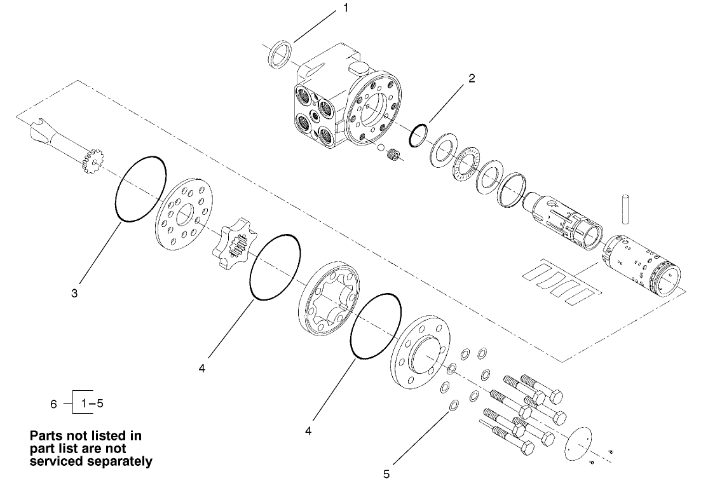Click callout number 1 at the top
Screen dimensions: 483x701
(346, 8)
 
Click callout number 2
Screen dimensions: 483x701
(471, 79)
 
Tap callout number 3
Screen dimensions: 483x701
(74, 293)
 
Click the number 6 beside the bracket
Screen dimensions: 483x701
(54, 404)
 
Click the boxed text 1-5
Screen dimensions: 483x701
(88, 403)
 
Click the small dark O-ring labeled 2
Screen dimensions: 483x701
(418, 135)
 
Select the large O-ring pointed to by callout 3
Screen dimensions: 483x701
(140, 189)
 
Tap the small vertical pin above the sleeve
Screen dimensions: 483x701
(625, 208)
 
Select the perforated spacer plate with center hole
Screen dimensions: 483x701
(185, 216)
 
